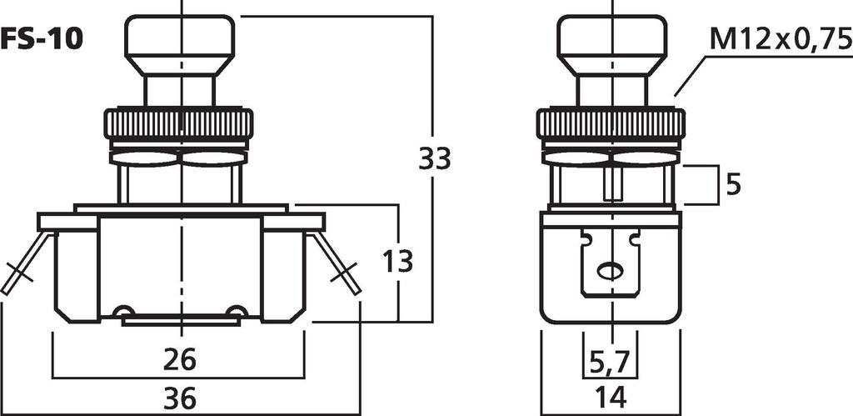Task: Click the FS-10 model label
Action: coord(42,39)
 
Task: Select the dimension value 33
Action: coord(434,158)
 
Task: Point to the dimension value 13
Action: coord(398,261)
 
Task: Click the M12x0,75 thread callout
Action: coord(780,39)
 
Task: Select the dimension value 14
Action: coord(611,398)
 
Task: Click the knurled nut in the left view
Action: coord(178,124)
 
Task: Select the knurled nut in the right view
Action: coord(611,124)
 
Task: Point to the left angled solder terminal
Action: coord(22,265)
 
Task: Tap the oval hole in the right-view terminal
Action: coord(611,271)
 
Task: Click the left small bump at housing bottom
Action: coord(124,312)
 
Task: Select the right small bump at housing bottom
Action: coord(237,312)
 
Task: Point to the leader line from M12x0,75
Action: coord(690,75)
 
